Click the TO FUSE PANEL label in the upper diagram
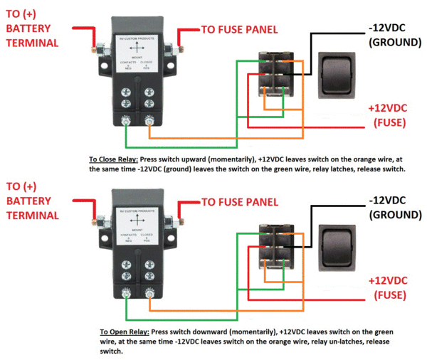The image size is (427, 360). pos(239,29)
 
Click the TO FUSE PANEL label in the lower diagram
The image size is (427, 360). pos(239,201)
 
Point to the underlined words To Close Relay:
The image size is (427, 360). pos(114,159)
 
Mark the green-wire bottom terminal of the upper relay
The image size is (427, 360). pos(127,120)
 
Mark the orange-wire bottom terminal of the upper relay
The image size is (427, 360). pos(149,120)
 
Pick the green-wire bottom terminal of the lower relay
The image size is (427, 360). pos(127,292)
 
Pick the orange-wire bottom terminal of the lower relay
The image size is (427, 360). pos(149,292)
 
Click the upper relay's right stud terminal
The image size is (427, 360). pos(172,51)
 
